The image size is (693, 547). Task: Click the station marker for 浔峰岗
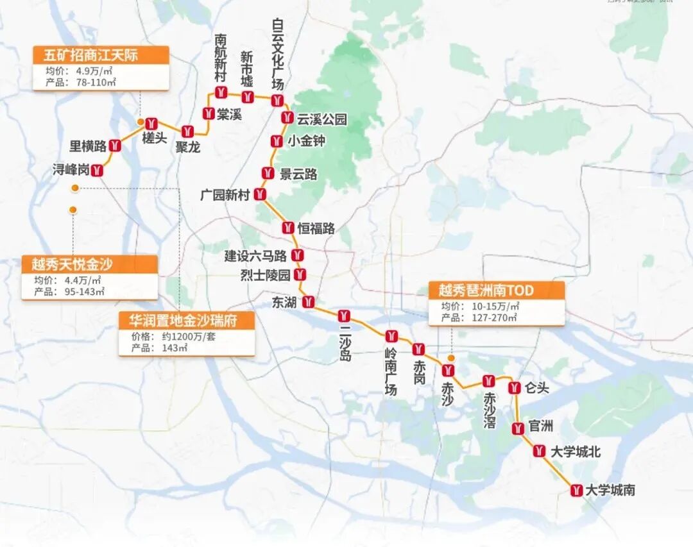(98, 170)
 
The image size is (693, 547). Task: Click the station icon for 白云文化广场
(277, 99)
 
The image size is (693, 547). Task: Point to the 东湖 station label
(284, 302)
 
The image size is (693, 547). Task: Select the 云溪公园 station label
(321, 119)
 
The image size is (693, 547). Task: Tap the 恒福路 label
(316, 228)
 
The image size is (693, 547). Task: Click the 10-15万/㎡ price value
(499, 307)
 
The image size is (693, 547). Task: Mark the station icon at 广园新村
(260, 194)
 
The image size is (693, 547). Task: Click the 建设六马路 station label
(255, 256)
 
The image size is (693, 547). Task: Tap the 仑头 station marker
(514, 387)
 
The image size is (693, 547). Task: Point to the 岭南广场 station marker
(391, 336)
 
